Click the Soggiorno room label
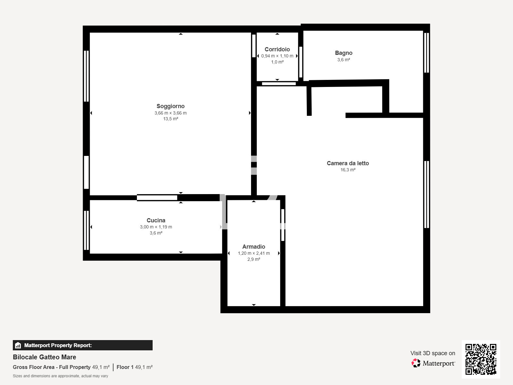pos(170,106)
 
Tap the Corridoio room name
pos(277,49)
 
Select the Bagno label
pos(343,53)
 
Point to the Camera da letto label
pos(348,163)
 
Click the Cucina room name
pos(156,220)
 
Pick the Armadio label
pos(254,247)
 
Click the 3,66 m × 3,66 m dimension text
pos(170,113)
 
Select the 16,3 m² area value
pos(348,170)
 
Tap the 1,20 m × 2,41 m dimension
pos(254,253)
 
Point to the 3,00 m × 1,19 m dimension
pos(156,227)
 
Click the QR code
pos(481,359)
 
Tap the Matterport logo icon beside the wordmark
pos(416,363)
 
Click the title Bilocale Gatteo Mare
pos(45,357)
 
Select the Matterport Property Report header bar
pos(82,345)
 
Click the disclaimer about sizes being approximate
pos(60,376)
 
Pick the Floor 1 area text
pos(134,367)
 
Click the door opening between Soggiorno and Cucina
pos(157,198)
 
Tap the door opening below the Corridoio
pos(279,84)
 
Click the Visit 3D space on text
pos(433,353)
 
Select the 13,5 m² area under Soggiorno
pos(170,119)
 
